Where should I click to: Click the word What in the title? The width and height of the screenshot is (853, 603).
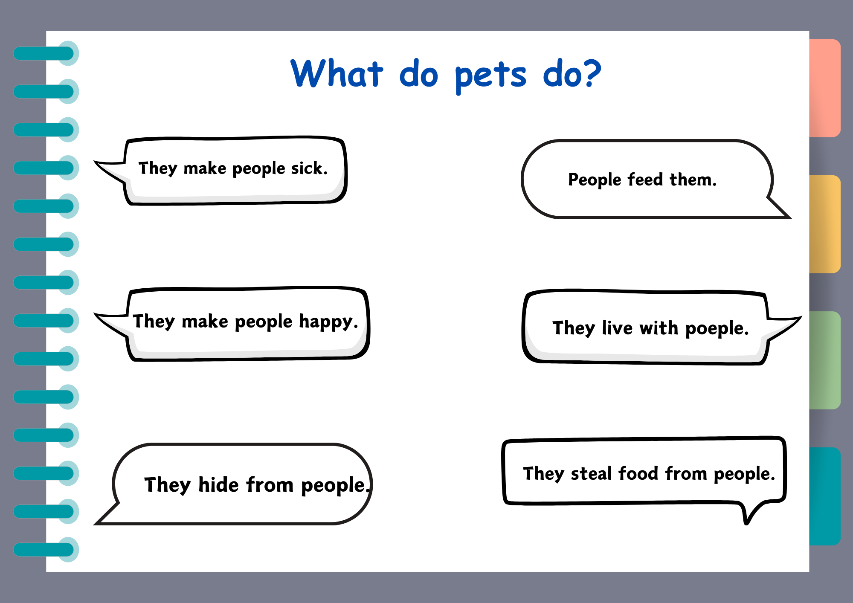(337, 73)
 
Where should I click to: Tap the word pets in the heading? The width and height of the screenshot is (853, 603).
(490, 77)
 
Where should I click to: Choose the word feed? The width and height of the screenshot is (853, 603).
(645, 179)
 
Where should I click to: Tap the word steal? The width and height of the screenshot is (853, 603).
(591, 473)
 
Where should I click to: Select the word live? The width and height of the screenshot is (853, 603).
(617, 328)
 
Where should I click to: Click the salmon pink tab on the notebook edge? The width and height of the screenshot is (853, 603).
(825, 88)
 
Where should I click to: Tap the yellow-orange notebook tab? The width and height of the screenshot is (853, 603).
(825, 224)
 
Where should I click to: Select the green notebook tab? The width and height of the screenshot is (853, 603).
(825, 360)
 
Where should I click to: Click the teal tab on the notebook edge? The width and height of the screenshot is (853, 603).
(825, 496)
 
